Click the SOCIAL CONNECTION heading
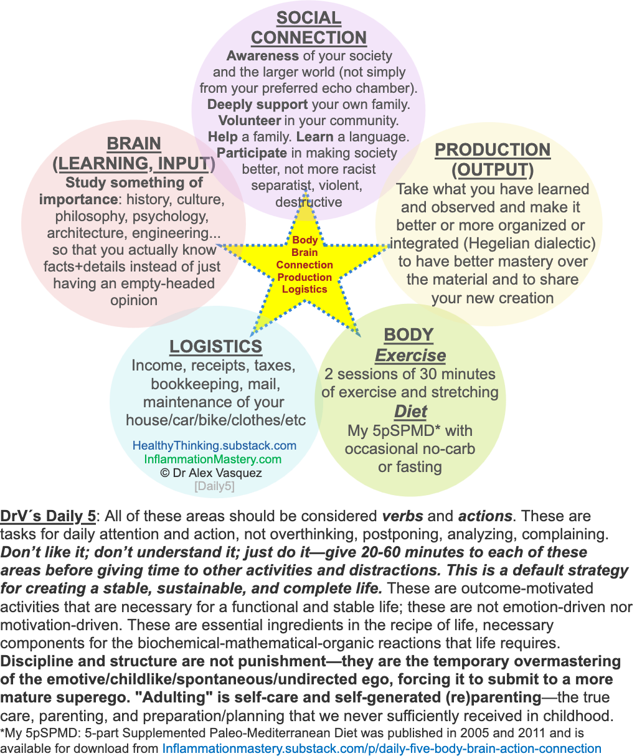308,28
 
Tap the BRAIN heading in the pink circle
134,144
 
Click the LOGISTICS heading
215,346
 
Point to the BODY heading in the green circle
408,334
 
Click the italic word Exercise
410,356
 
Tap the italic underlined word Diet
410,412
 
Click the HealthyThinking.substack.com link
214,446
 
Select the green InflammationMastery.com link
213,459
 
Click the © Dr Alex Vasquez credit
211,473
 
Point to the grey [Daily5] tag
214,486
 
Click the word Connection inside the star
304,265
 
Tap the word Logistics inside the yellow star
304,289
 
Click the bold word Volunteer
243,120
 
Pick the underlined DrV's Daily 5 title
49,516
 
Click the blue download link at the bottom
382,748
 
